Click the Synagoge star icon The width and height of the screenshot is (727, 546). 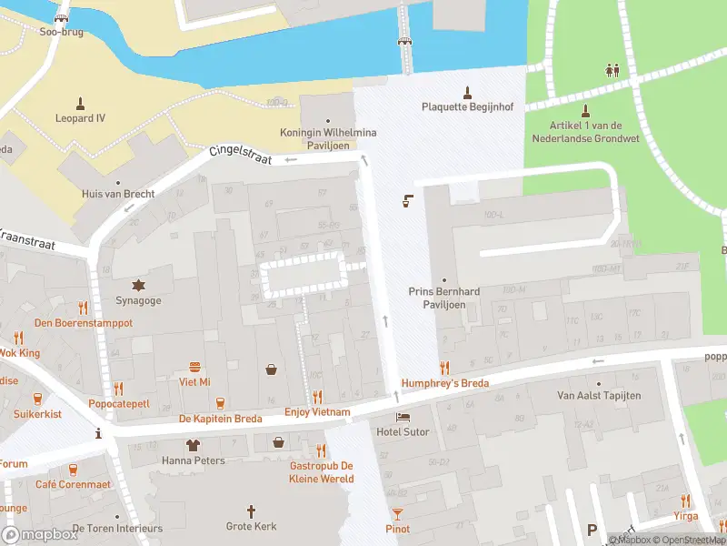click(x=139, y=285)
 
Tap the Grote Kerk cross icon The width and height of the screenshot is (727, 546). click(x=251, y=511)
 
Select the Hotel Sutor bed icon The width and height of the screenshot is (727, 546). click(x=403, y=416)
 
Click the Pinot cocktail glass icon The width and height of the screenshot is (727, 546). click(x=397, y=514)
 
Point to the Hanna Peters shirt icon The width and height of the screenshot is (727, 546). click(x=193, y=445)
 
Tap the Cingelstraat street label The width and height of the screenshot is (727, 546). click(x=241, y=156)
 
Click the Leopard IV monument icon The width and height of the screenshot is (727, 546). click(x=80, y=103)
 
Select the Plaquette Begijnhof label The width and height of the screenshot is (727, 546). click(x=467, y=106)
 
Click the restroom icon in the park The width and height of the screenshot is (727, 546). click(x=613, y=69)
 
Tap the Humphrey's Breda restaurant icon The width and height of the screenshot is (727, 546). click(x=444, y=368)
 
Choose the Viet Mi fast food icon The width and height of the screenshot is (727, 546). click(x=194, y=367)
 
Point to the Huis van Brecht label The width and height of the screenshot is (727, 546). click(x=118, y=194)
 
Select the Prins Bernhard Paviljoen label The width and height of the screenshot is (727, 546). click(x=443, y=298)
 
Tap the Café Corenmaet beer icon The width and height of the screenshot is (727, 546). click(x=73, y=469)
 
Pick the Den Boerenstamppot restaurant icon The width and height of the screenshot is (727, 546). click(x=84, y=308)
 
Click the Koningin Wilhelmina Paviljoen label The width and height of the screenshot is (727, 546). click(x=328, y=138)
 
